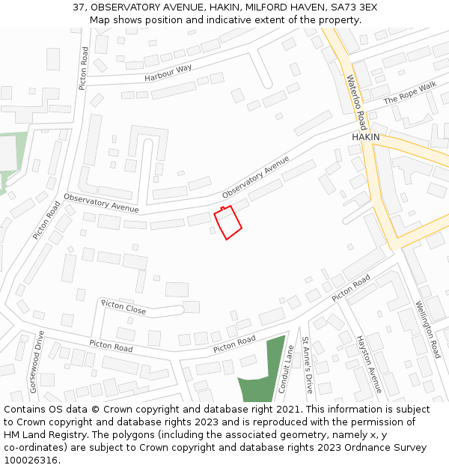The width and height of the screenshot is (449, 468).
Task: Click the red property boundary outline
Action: (x=228, y=222)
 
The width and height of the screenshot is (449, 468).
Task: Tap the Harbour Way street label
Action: (x=168, y=73)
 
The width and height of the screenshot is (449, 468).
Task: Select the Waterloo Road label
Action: (x=356, y=101)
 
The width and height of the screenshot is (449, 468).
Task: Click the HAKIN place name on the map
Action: (x=366, y=137)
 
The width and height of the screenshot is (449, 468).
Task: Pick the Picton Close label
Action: (x=123, y=307)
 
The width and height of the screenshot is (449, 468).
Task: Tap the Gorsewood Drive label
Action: (x=36, y=362)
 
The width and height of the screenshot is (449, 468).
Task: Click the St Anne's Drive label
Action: (x=307, y=365)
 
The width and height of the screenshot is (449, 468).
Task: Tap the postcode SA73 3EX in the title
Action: (x=352, y=7)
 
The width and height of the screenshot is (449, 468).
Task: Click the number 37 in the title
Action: (x=79, y=7)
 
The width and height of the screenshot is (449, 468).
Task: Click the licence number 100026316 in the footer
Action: (x=31, y=460)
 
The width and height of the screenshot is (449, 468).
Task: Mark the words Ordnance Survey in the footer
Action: (x=389, y=447)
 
